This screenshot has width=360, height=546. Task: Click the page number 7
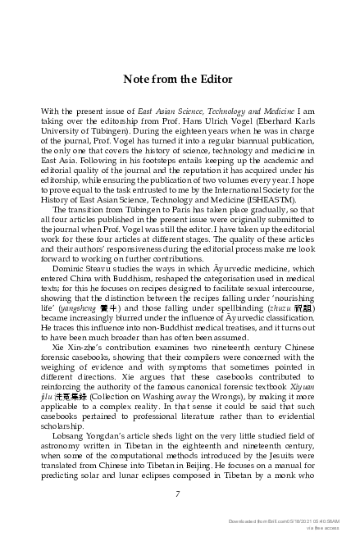[x=178, y=494]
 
